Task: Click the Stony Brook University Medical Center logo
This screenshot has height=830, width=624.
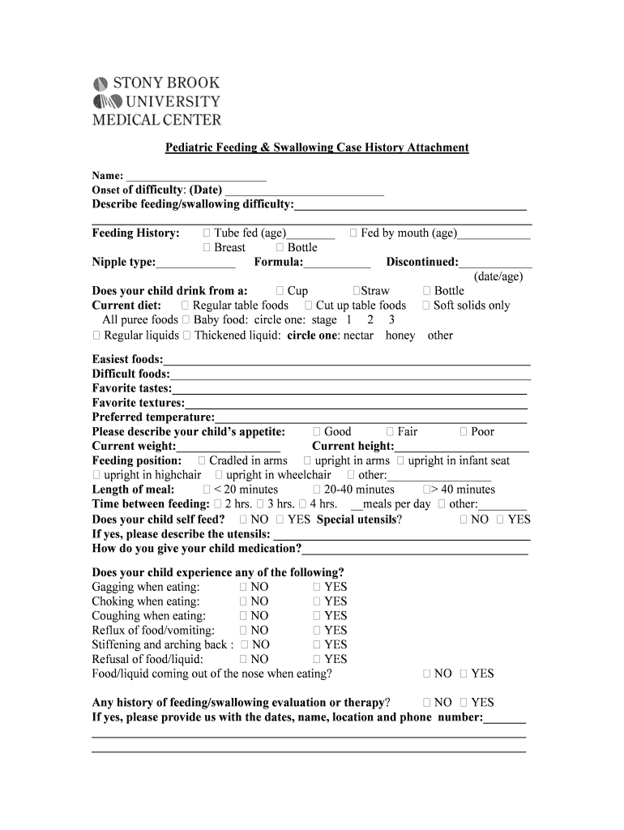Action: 156,101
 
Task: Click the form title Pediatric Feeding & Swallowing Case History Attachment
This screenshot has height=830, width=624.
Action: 317,148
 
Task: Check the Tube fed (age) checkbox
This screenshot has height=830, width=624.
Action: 207,233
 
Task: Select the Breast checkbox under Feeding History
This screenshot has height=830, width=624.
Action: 207,248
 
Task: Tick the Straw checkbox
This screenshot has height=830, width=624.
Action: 356,291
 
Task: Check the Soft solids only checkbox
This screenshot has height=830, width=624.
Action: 426,306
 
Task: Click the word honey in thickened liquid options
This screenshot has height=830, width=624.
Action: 400,336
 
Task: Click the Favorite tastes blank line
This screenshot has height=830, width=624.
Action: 349,389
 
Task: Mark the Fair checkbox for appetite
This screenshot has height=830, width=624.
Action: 390,432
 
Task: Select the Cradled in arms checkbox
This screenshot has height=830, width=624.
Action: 202,461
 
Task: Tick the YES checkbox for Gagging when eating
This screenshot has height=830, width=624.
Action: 317,587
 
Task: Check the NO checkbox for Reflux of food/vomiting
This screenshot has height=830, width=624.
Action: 244,631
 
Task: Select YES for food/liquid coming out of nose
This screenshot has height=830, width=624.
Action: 464,674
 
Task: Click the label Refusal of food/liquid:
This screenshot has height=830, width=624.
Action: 147,659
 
